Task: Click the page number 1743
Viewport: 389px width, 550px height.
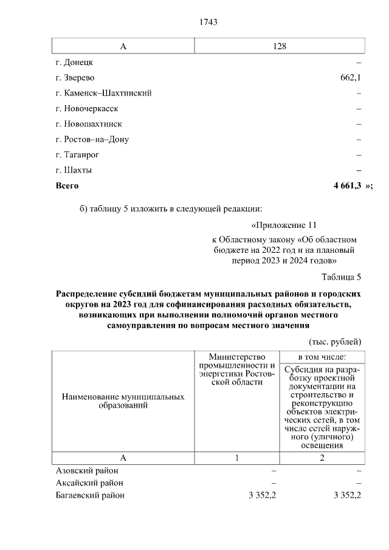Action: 208,22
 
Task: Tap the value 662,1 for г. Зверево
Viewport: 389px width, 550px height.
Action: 351,78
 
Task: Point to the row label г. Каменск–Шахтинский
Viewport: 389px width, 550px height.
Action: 103,93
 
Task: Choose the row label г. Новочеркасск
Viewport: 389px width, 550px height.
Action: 86,109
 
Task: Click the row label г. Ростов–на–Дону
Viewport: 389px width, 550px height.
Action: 92,139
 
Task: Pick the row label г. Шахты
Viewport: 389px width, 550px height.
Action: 74,170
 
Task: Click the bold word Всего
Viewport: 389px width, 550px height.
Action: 67,185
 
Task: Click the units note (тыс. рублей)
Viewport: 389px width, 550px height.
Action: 335,341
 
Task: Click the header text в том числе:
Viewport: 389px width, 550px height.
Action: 322,356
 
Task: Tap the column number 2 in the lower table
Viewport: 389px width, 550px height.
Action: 322,458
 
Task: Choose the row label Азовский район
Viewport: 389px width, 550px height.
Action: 87,470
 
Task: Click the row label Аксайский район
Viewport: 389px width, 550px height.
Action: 89,483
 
